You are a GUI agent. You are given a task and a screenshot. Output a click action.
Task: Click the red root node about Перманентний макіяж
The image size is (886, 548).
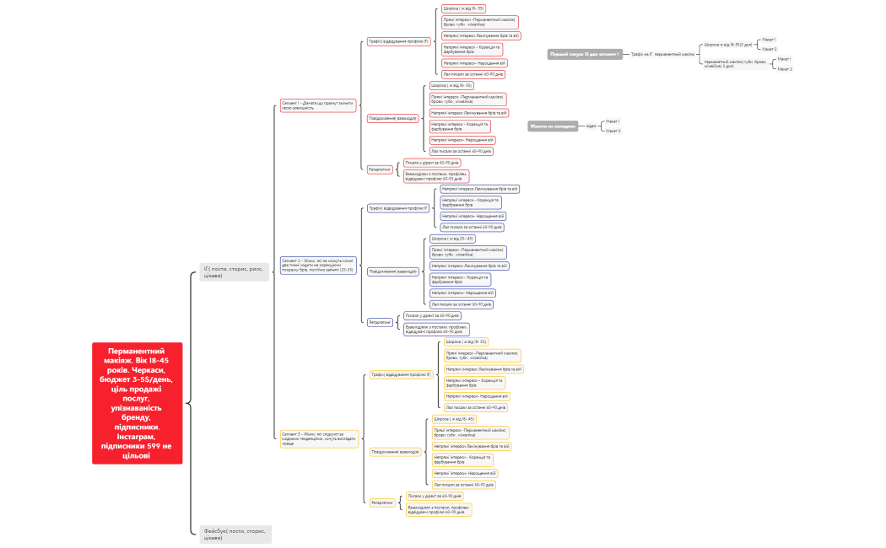coord(138,403)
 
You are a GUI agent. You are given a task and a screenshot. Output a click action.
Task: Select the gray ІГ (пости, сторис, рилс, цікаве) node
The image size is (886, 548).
coord(235,271)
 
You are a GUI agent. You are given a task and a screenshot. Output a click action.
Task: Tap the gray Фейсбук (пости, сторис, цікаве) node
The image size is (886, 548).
coord(235,534)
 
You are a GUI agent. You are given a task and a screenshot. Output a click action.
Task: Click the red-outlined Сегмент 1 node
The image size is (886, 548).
coord(318,105)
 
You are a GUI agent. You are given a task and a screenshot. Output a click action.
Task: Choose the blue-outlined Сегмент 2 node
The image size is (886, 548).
coord(318,265)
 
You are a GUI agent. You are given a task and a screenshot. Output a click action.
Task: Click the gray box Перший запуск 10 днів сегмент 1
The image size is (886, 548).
coord(584,54)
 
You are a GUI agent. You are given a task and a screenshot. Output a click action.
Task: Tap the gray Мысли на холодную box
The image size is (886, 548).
coord(554,126)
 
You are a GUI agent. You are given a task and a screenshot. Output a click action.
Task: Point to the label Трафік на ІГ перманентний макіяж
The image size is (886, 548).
coord(662,54)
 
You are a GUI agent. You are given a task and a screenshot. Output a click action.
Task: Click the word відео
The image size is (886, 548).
coord(591,126)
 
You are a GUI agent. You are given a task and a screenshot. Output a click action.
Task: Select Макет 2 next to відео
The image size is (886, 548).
coord(613,131)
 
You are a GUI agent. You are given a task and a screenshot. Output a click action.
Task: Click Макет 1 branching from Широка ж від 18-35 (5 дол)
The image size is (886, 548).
coord(769,39)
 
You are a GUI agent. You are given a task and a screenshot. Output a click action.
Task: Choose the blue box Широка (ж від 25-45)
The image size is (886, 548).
coord(452,239)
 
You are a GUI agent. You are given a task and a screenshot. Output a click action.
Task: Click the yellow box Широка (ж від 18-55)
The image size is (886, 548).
coord(466,341)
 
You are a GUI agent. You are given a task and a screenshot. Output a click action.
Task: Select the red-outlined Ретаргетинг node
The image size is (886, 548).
coord(380,169)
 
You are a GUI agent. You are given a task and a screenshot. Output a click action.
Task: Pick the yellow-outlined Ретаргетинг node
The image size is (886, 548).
coord(382,502)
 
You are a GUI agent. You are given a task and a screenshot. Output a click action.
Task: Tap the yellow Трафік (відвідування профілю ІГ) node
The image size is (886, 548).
coord(401,374)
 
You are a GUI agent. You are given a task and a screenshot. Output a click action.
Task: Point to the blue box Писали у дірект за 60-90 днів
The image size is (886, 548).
coord(432,315)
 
